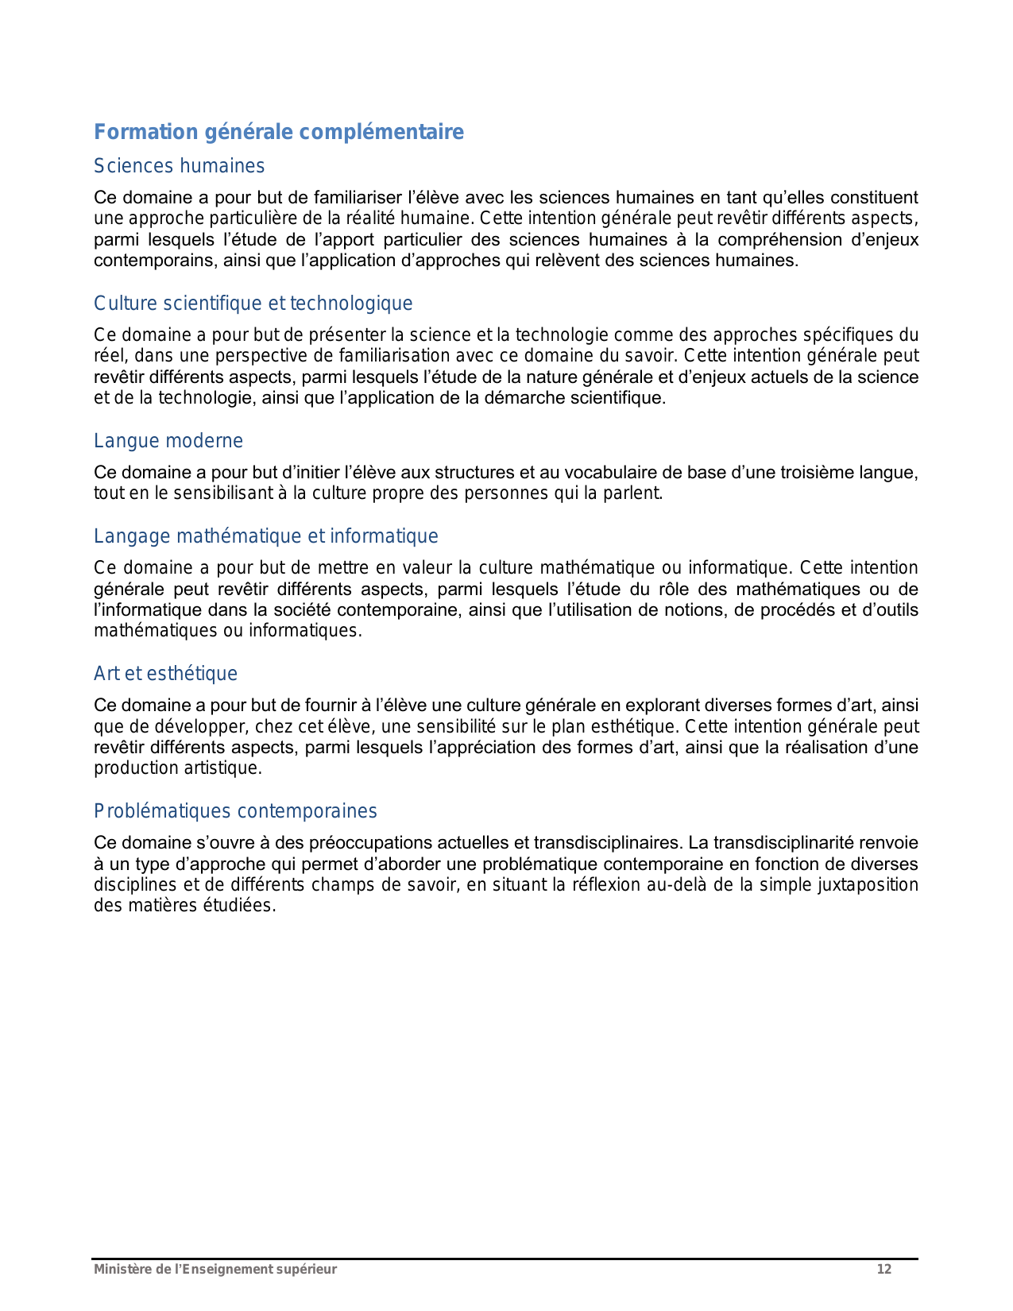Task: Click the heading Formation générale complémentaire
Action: pos(278,132)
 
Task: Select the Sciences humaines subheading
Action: pos(179,166)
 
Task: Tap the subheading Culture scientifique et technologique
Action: pos(253,304)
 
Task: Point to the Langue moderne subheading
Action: pos(168,441)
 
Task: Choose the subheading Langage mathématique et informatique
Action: pos(265,536)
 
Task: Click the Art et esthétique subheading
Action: pos(165,674)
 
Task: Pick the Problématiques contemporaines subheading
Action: pos(235,811)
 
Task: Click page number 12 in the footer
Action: pos(883,1270)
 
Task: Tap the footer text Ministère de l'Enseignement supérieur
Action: pos(215,1270)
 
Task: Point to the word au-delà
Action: pos(677,885)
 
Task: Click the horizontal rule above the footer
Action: pos(505,1259)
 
